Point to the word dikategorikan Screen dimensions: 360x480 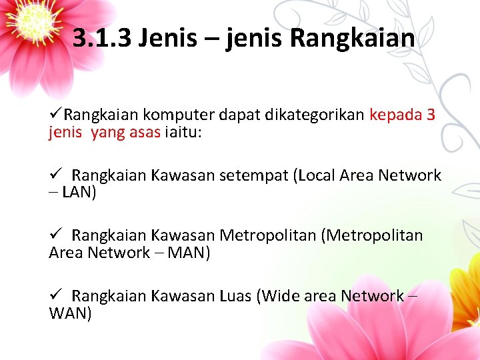(x=314, y=115)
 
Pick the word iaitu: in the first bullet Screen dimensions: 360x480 (x=183, y=132)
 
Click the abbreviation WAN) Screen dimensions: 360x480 (x=71, y=313)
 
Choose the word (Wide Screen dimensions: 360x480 (x=277, y=295)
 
